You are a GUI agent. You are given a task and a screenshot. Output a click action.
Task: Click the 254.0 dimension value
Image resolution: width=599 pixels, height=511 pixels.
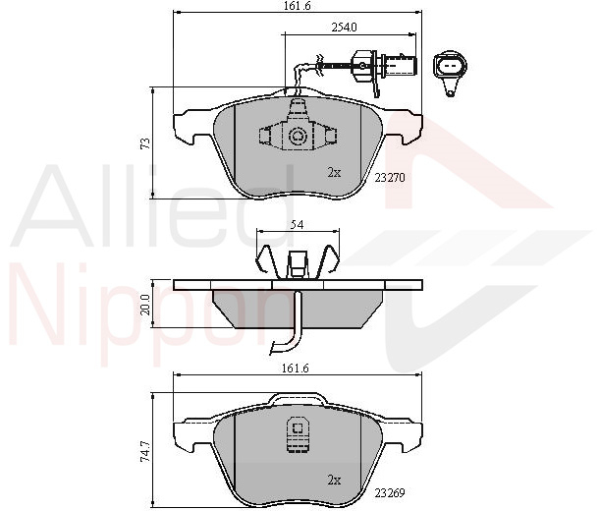coord(344,28)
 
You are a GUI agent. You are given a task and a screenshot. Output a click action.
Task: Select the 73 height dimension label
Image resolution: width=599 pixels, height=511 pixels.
coord(145,143)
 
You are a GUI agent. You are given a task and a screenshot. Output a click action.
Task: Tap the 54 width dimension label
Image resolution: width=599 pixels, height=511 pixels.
coord(297,225)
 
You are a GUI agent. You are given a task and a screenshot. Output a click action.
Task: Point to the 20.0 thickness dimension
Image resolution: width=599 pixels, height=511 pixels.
coord(146,305)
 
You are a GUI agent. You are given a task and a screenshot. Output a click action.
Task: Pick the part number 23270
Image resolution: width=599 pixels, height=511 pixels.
coord(389,177)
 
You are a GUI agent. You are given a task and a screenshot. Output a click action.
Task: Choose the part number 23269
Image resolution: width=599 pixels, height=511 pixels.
coord(389,493)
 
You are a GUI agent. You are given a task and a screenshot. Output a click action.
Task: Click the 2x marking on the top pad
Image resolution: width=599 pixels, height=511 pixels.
coord(334,173)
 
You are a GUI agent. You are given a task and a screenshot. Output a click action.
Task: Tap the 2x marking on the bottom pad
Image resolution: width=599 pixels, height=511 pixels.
coord(334,480)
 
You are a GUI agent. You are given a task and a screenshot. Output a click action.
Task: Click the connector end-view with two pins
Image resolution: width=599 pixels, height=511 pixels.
coord(450,71)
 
